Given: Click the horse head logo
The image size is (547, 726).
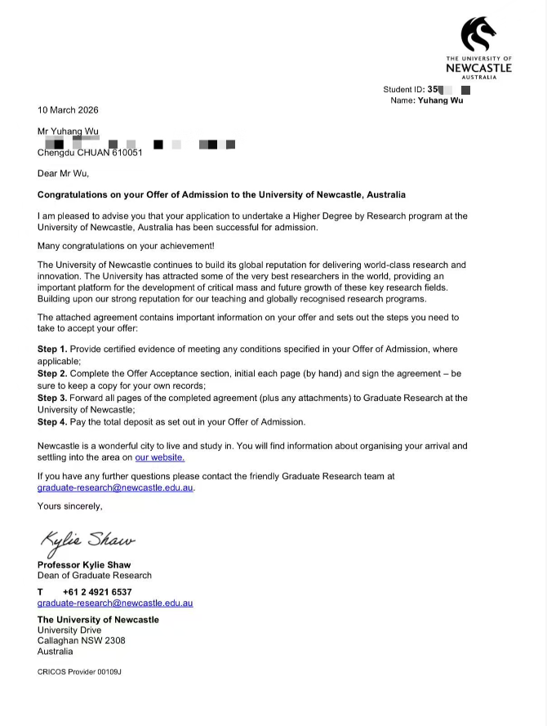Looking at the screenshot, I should (478, 34).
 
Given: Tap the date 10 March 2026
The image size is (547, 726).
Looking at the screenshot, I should (68, 109).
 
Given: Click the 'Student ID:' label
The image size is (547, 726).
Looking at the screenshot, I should (403, 89).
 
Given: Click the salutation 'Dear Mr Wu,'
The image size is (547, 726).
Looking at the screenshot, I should (63, 173).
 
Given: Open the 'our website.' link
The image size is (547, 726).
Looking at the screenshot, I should (160, 457).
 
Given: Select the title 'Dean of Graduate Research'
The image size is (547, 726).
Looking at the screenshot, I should (95, 575).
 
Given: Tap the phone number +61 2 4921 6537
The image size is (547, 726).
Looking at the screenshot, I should (96, 592).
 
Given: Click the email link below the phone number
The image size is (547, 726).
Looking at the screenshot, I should (115, 604).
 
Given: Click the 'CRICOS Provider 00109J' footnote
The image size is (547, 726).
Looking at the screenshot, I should (80, 671).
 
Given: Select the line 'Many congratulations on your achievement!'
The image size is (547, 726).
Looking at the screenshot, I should (126, 246).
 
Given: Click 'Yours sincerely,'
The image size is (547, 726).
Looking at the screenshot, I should (70, 506).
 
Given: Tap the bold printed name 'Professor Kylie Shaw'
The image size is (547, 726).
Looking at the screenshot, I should (84, 564).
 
